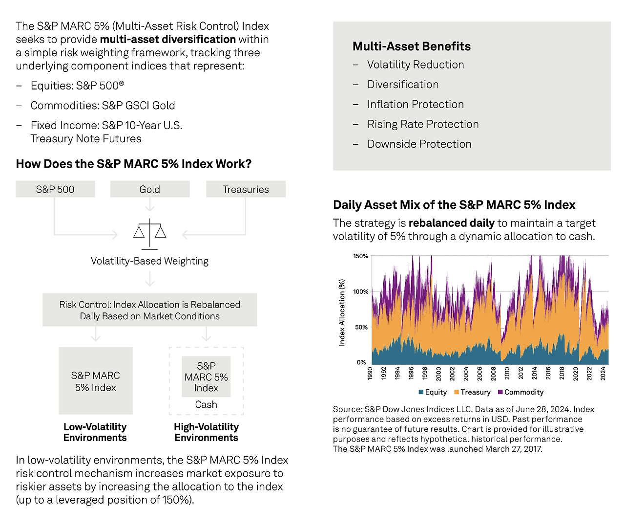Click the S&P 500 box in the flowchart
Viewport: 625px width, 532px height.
[x=55, y=189]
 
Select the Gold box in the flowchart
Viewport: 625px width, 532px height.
[x=149, y=189]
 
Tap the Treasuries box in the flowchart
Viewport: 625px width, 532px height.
[x=246, y=189]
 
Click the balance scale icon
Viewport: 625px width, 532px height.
[x=149, y=233]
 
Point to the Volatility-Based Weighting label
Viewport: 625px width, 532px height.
[x=149, y=261]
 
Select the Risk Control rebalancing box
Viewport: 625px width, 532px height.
[x=149, y=310]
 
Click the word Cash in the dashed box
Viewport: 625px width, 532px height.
[x=206, y=404]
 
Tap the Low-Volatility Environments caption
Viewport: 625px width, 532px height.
[x=95, y=432]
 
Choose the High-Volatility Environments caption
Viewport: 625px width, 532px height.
[x=206, y=432]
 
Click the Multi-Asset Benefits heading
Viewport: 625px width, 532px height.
[x=412, y=46]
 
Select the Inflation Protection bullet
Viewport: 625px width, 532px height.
[x=415, y=104]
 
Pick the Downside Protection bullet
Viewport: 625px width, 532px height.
[x=419, y=144]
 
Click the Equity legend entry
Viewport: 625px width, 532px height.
[x=433, y=392]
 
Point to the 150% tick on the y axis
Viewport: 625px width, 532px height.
[x=361, y=256]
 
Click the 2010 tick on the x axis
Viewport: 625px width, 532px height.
[x=507, y=374]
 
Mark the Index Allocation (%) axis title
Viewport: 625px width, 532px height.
[x=342, y=312]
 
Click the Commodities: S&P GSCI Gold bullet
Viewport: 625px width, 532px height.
[x=103, y=106]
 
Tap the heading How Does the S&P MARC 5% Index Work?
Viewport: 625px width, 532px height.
[x=133, y=164]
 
